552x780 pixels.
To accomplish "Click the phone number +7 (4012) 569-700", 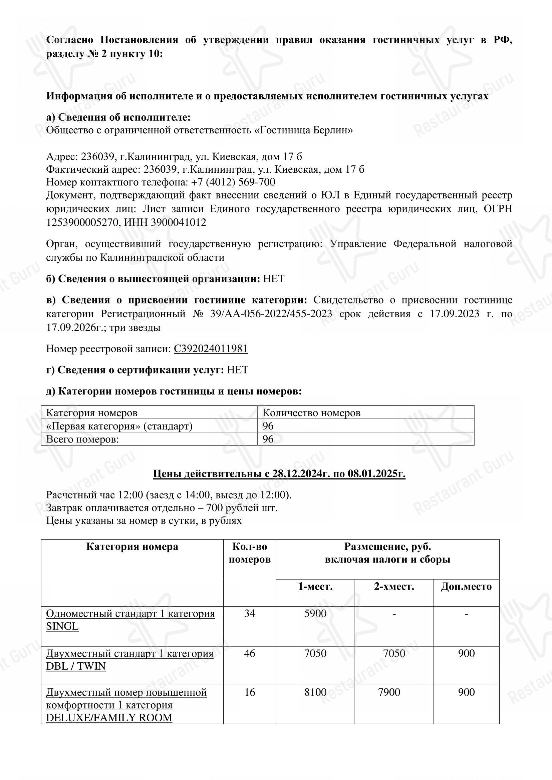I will click(x=233, y=182).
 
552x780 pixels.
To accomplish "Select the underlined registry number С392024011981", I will click(x=210, y=349).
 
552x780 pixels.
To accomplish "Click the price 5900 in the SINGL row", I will click(x=315, y=614).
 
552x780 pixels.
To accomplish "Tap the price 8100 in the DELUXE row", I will click(x=315, y=692).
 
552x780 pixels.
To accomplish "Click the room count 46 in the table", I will click(x=250, y=653).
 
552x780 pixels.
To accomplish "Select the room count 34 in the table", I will click(x=250, y=614).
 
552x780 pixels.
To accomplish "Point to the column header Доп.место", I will click(x=466, y=587).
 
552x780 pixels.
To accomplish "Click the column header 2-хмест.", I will click(x=394, y=587).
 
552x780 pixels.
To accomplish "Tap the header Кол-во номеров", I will click(x=250, y=553).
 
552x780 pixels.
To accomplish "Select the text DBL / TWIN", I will click(x=76, y=666).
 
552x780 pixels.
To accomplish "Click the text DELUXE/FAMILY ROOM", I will click(x=109, y=718).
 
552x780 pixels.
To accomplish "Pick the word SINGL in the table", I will click(x=62, y=627).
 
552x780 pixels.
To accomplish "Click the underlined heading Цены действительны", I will click(x=279, y=474).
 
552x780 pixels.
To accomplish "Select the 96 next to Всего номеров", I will click(x=268, y=439).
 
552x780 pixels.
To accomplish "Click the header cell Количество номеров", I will click(x=311, y=413).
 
